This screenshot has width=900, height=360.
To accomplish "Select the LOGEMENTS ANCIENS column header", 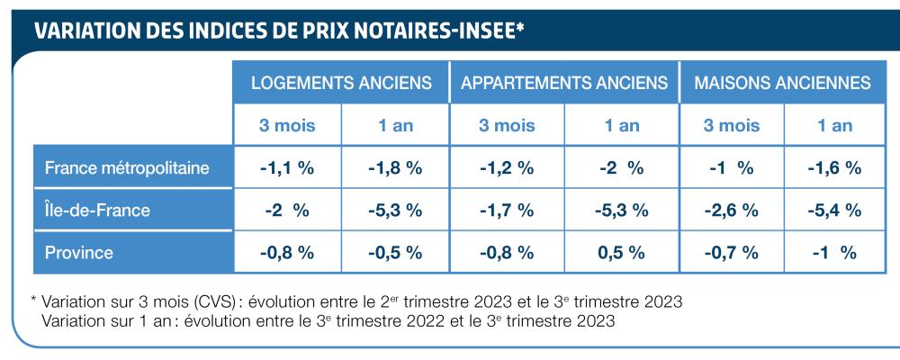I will [x=341, y=83].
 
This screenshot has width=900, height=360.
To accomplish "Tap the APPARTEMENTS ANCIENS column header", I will [x=564, y=83].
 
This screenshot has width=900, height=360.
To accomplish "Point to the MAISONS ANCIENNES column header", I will [x=781, y=83].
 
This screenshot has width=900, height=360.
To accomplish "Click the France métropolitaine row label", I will [x=128, y=167].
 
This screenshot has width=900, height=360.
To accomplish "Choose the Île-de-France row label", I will [x=98, y=211].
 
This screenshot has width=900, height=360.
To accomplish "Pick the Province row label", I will [x=79, y=253].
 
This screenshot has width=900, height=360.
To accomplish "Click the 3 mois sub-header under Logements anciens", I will [x=287, y=126].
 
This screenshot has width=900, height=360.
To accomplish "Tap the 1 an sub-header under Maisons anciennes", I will [x=834, y=126].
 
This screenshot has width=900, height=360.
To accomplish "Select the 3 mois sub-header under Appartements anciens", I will [x=507, y=126].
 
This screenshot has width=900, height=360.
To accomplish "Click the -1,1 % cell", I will [x=287, y=168].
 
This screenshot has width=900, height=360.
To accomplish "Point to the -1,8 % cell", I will [x=395, y=168].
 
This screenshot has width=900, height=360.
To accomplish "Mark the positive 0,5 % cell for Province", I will [x=621, y=253].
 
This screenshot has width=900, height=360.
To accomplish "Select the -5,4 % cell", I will [x=834, y=211].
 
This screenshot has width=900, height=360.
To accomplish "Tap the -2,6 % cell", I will [x=730, y=211].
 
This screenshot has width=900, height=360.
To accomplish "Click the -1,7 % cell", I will [x=507, y=211].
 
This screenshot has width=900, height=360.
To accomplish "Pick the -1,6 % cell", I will [x=834, y=168].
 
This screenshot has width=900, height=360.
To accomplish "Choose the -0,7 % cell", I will [x=730, y=253].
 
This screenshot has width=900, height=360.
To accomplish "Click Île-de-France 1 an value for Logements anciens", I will [x=395, y=211].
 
